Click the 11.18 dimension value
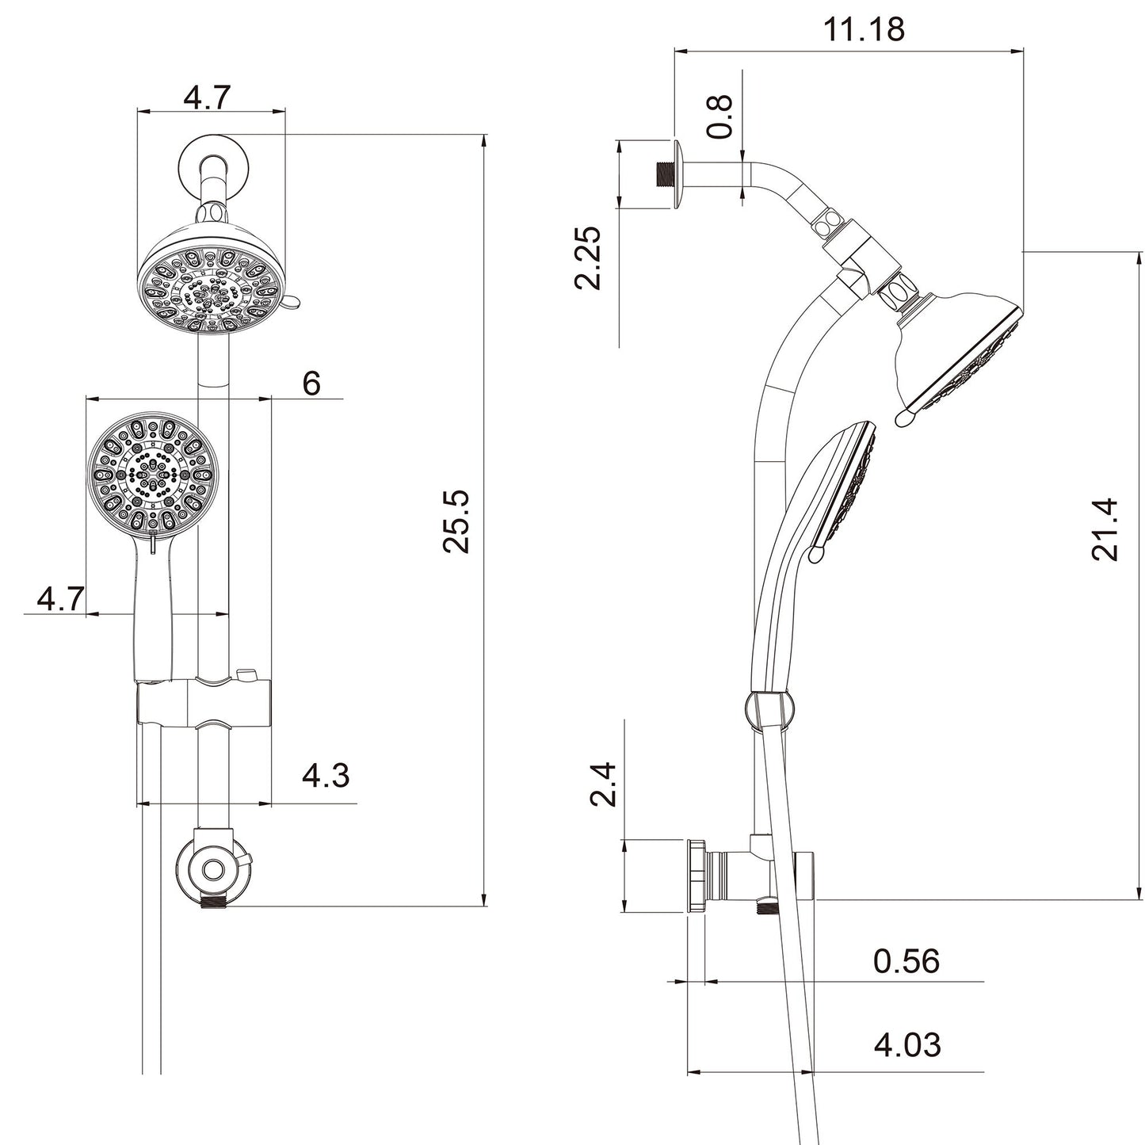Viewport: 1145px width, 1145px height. coord(864,30)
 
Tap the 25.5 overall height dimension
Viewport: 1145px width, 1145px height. coord(457,521)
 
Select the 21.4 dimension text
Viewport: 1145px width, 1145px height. coord(1105,529)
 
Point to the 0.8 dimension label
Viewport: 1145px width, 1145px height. coord(720,116)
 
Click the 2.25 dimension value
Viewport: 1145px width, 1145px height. coord(588,258)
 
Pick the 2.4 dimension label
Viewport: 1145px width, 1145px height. coord(605,784)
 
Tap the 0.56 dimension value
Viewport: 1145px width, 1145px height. coord(906,961)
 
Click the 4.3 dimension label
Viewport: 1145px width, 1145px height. coord(325,775)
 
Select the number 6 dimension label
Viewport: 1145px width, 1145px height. coord(311,384)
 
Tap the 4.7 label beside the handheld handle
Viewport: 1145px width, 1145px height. coord(60,600)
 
